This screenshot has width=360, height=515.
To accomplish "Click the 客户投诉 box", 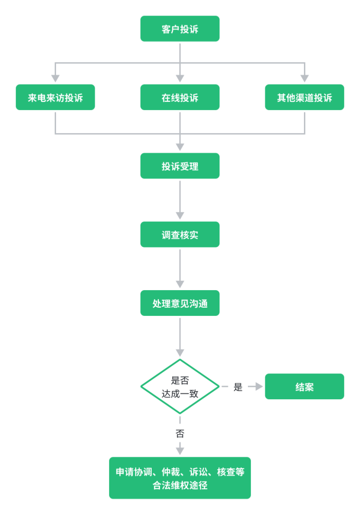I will (x=180, y=29).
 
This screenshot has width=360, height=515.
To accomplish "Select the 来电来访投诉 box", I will (x=55, y=97).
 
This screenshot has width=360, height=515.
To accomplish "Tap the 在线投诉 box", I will (x=180, y=97).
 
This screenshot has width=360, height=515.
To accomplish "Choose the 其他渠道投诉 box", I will (x=304, y=97).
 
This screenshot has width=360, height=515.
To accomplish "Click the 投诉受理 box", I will (x=180, y=166).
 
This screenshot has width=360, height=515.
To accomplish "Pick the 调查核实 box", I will (x=180, y=235).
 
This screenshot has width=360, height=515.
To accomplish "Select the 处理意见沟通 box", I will (x=180, y=303).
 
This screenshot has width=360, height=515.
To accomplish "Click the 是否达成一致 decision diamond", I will (x=180, y=386).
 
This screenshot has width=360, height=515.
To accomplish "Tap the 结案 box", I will (x=304, y=386).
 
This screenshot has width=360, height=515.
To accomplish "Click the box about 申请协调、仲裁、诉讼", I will (x=180, y=472).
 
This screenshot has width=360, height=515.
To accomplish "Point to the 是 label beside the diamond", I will (x=238, y=387).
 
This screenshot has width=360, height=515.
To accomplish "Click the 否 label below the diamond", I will (x=180, y=434).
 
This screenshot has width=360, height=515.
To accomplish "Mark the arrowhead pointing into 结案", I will (x=259, y=386).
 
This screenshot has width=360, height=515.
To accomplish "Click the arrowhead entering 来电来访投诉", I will (x=55, y=78).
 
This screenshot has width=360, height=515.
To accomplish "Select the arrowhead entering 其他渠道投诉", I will (x=304, y=78).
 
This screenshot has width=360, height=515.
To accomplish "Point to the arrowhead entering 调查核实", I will (x=180, y=216).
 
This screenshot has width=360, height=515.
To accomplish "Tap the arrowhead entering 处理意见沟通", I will (x=180, y=284).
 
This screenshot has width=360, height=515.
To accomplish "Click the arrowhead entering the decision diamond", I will (x=180, y=353).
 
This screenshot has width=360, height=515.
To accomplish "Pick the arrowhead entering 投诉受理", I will (x=180, y=147).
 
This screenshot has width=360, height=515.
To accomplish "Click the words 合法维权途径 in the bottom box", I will (x=180, y=485).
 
